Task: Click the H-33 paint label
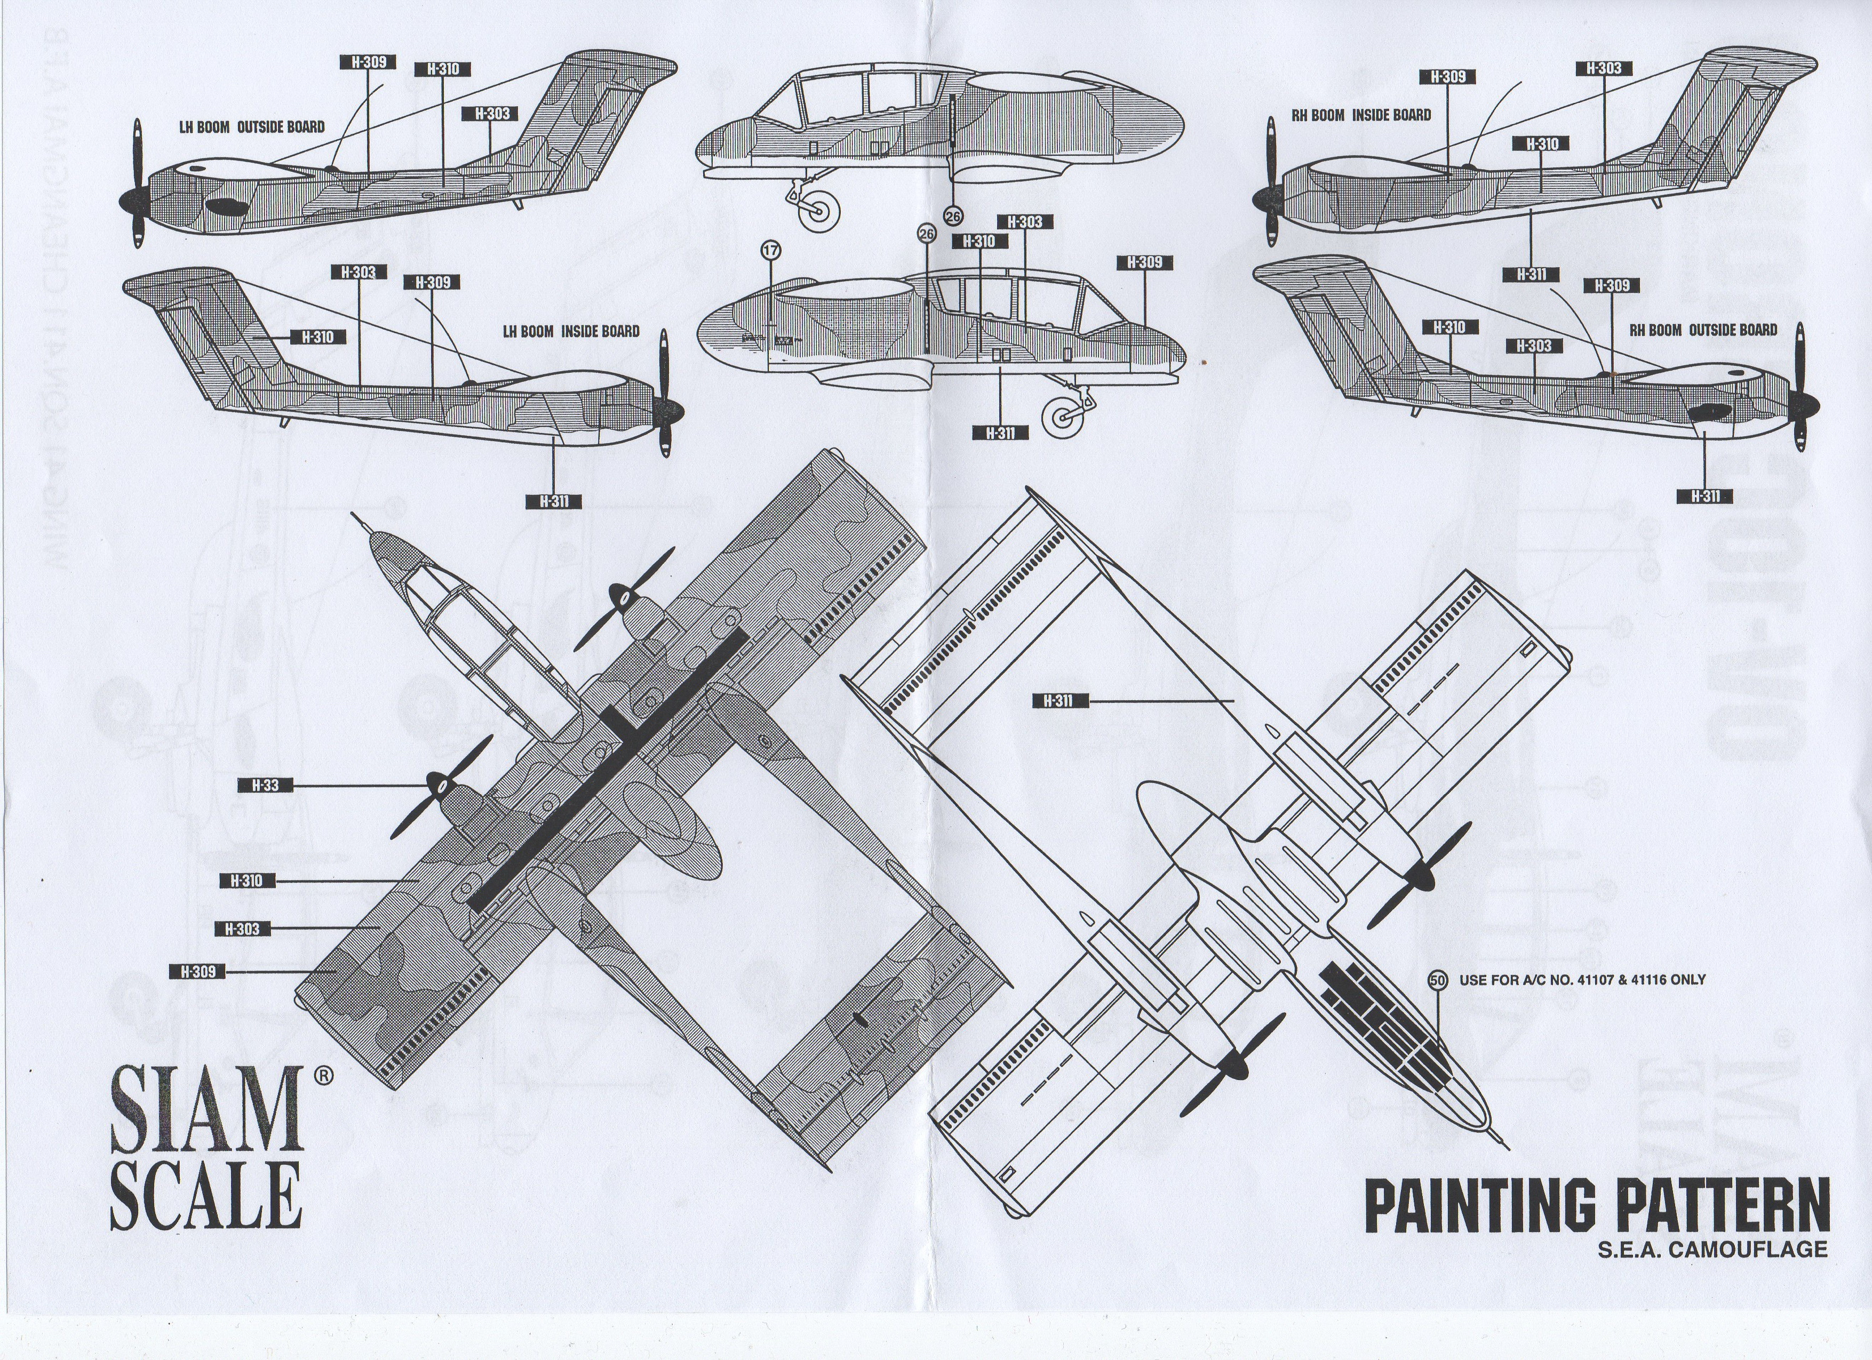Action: point(265,786)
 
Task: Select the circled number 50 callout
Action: point(1438,980)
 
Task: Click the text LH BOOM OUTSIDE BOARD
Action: point(252,127)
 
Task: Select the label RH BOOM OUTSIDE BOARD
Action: point(1703,330)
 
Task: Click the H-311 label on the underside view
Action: point(1059,701)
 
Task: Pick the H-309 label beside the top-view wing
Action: point(197,971)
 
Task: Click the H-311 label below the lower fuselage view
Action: point(1000,433)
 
